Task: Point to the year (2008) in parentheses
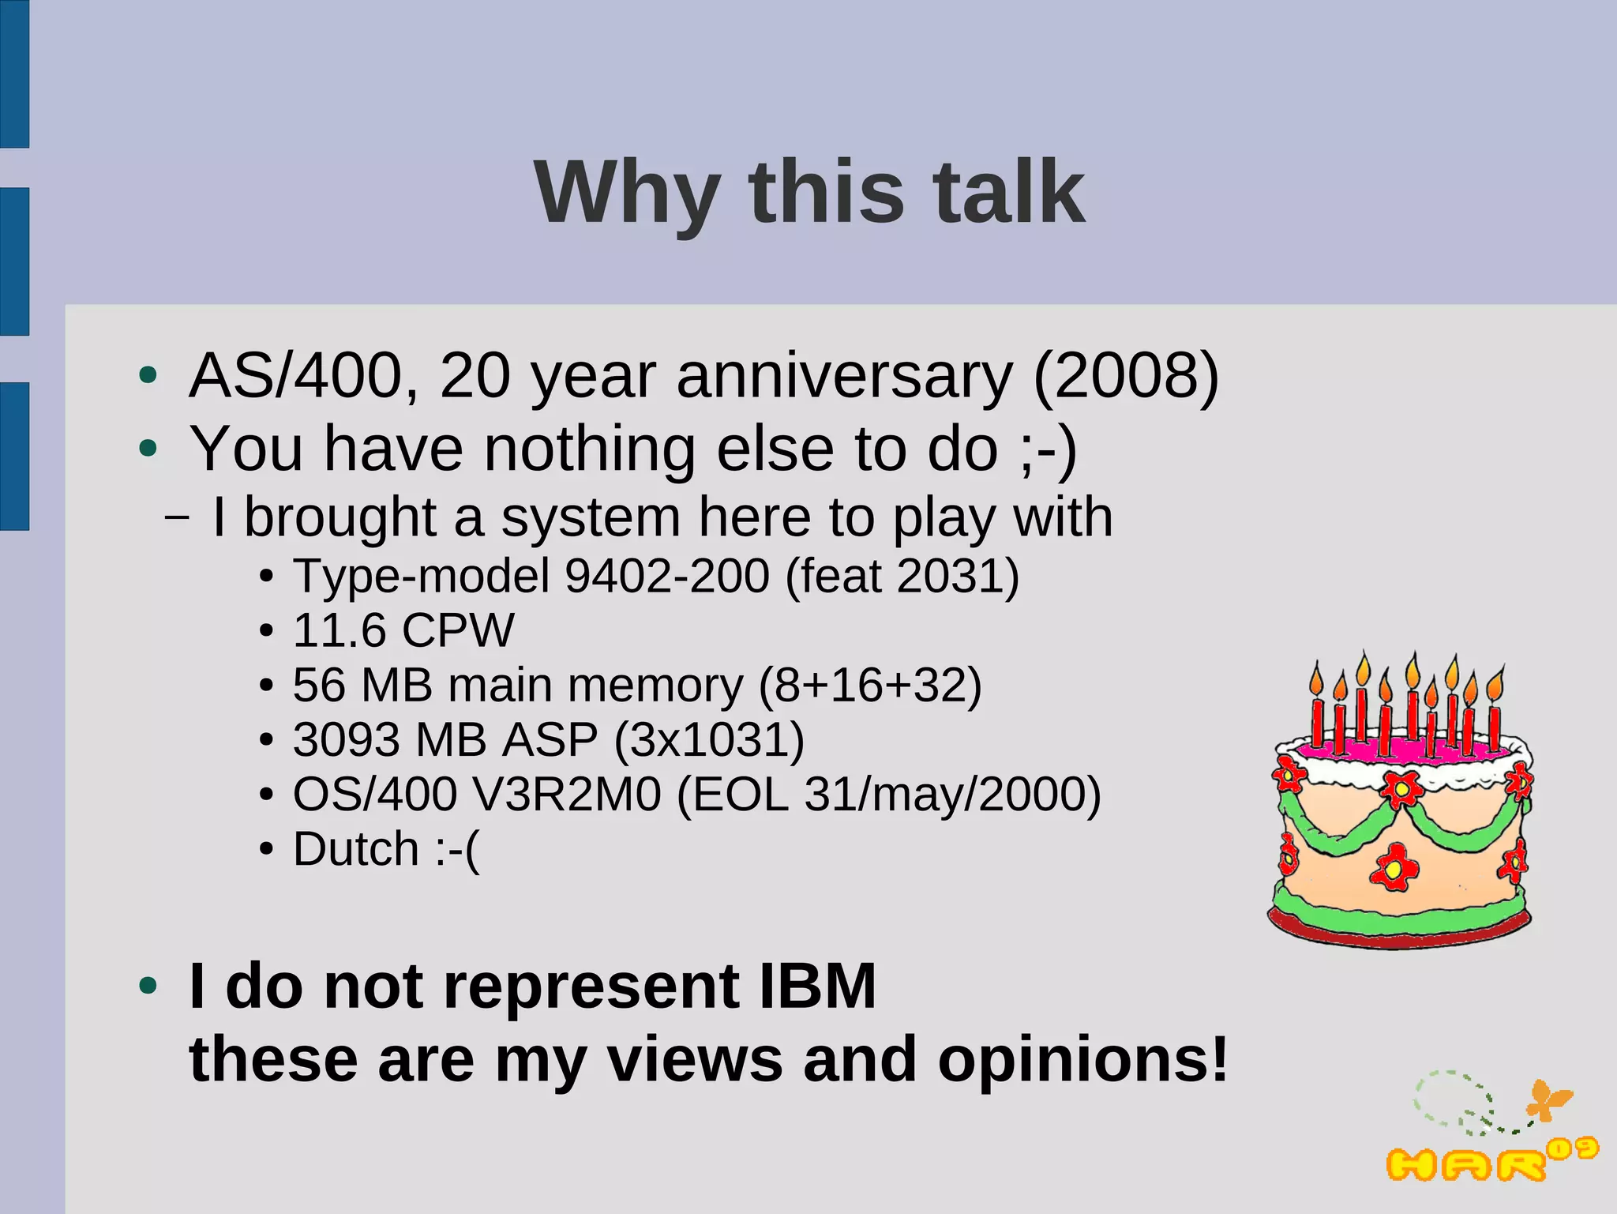click(x=1126, y=376)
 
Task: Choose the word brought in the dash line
click(x=340, y=518)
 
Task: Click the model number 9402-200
click(x=667, y=576)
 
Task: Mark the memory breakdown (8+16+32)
click(x=870, y=685)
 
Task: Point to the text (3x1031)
click(x=709, y=740)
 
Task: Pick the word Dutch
click(x=355, y=849)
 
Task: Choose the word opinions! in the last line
click(x=1082, y=1059)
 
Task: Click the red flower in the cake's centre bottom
click(x=1394, y=867)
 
